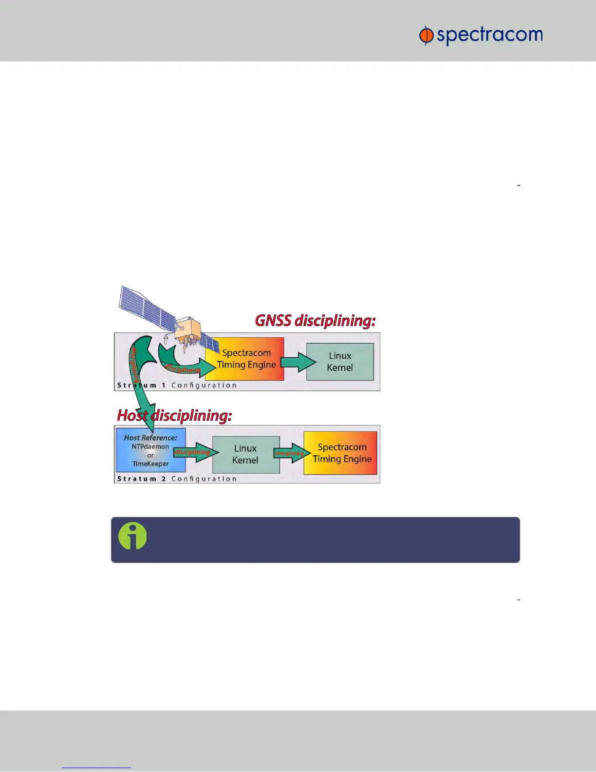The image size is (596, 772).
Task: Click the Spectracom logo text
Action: coord(489,36)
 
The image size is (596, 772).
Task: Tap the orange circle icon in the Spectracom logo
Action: coord(426,36)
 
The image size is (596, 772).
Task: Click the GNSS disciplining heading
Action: coord(315,321)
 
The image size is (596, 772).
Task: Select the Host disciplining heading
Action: coord(174,415)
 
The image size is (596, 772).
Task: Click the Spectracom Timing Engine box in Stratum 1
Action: coord(246,359)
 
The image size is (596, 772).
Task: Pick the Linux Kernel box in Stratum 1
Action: coord(340,362)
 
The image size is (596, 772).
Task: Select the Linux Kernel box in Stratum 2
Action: coord(245,454)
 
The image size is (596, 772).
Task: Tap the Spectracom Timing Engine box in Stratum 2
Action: coord(341,453)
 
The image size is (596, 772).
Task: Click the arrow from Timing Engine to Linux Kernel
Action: coord(298,362)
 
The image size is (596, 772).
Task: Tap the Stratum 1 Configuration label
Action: coord(177,385)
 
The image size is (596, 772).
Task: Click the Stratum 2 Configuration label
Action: coord(177,479)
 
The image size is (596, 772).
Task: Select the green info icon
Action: coord(132,536)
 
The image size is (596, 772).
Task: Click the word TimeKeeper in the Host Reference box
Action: coord(150,464)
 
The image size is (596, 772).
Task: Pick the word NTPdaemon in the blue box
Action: coord(150,446)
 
